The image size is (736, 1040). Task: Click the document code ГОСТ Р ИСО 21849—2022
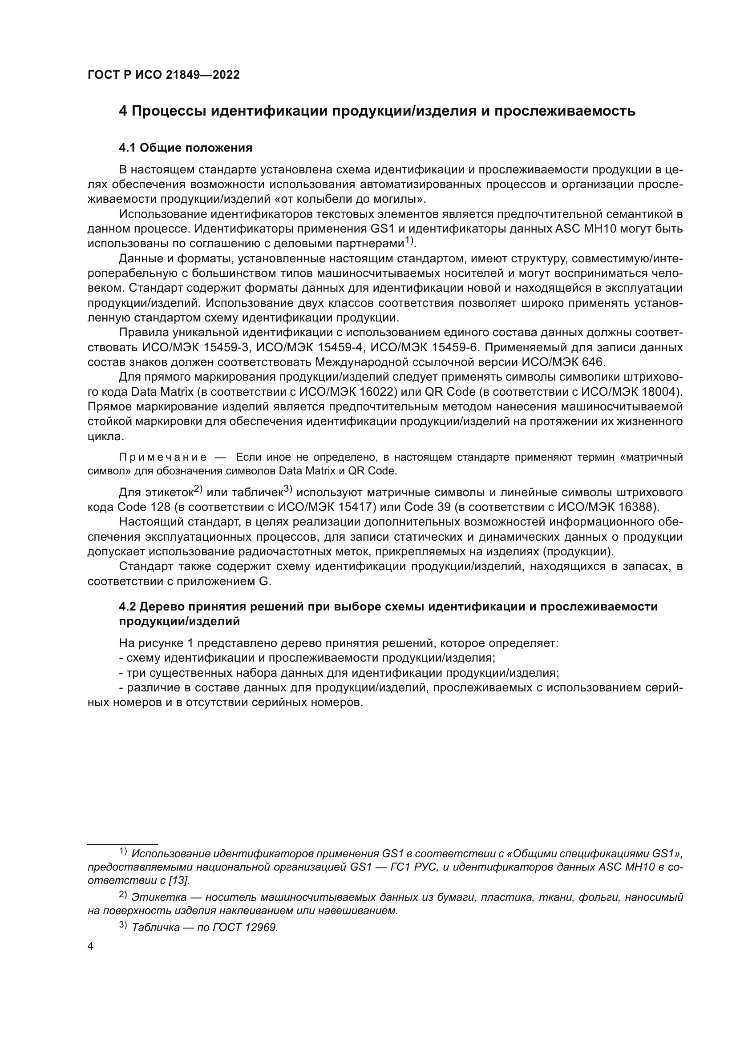tap(163, 75)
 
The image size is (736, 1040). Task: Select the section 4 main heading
tap(376, 111)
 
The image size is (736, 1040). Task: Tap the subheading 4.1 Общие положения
tap(186, 148)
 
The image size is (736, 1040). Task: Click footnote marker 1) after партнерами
tap(410, 240)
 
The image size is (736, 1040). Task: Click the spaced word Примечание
tap(163, 457)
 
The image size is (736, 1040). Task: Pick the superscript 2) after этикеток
tap(198, 489)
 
